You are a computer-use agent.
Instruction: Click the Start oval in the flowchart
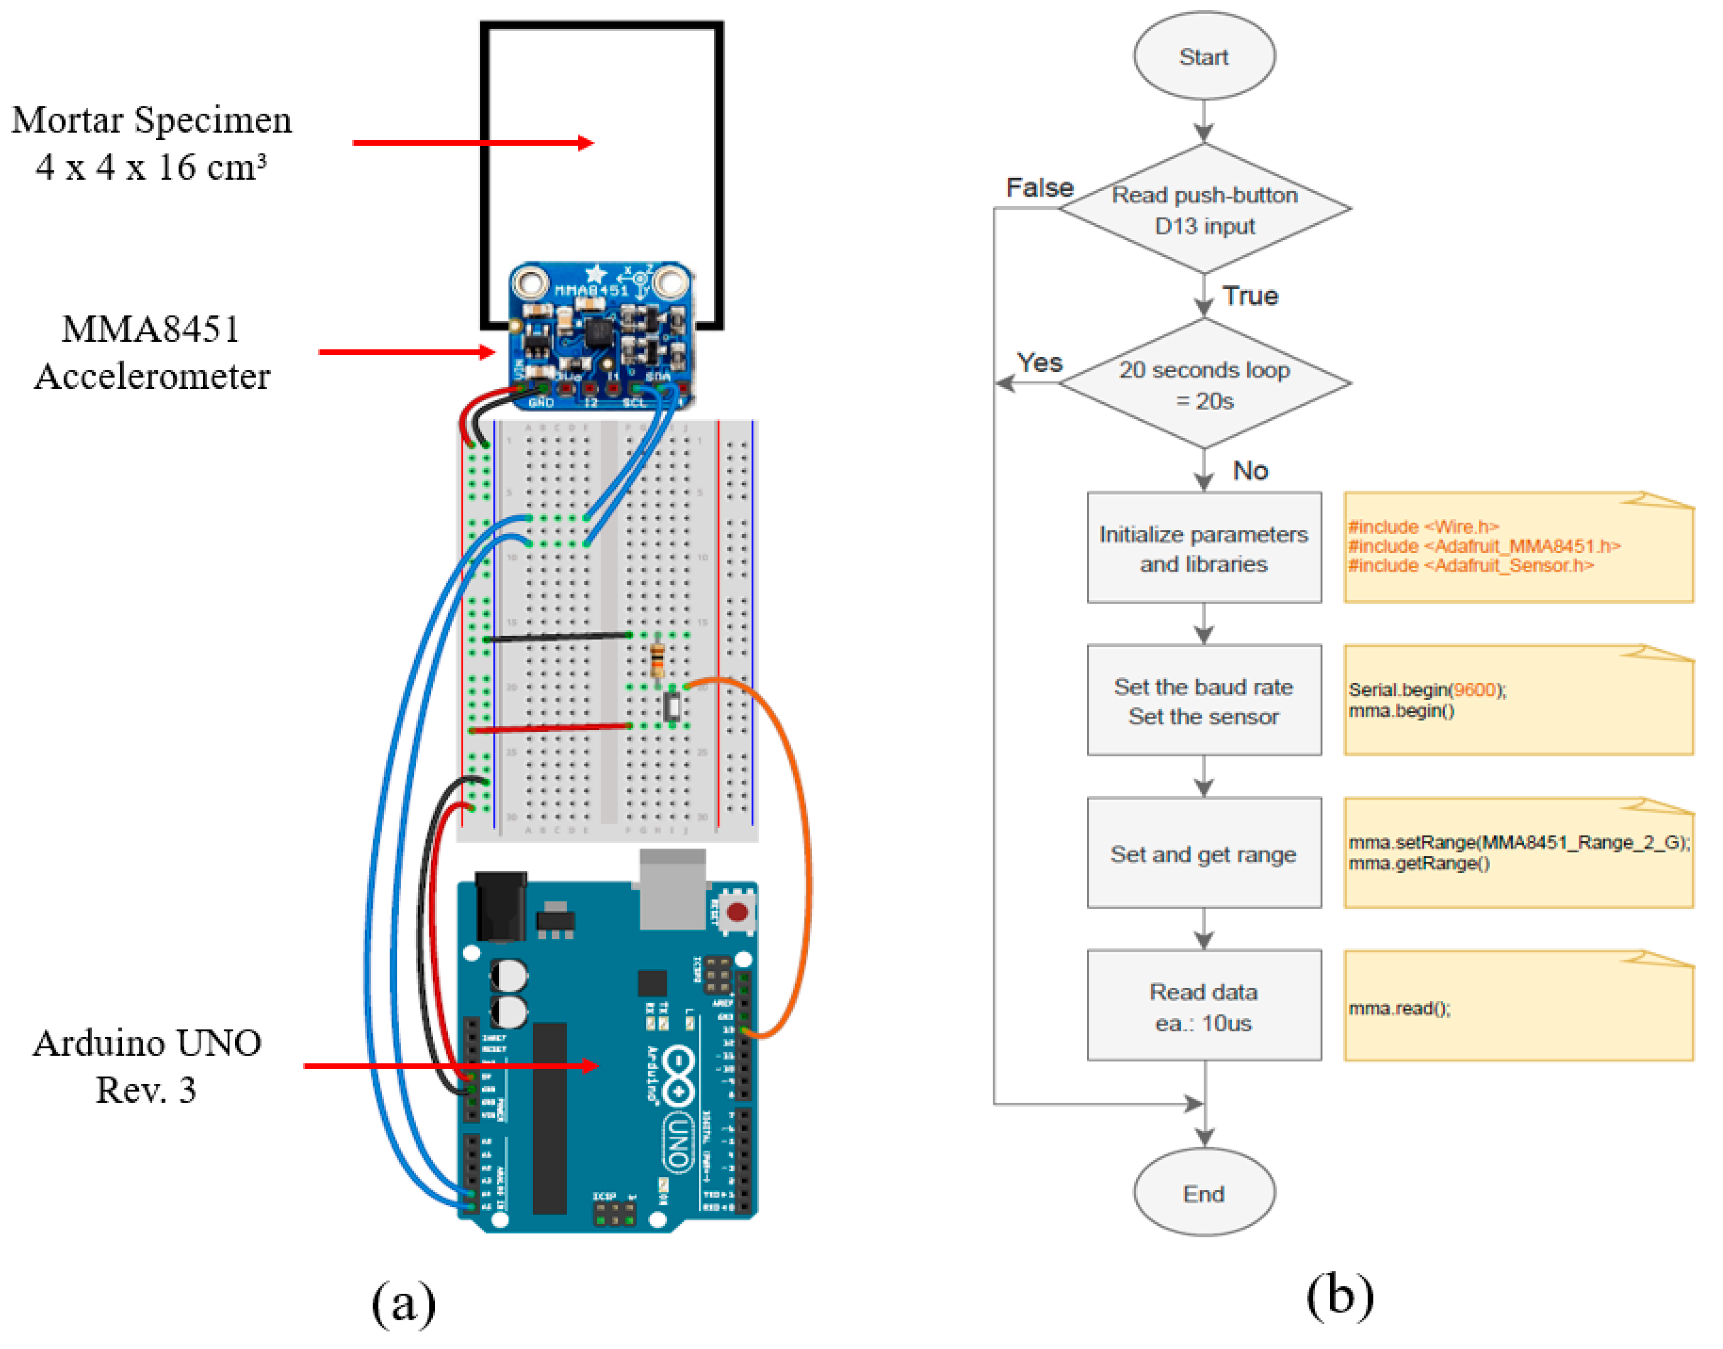click(1204, 56)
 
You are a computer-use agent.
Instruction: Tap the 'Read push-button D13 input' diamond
click(1204, 209)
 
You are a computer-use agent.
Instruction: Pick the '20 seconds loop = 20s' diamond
click(1204, 384)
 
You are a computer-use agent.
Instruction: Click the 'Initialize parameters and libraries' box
click(1204, 548)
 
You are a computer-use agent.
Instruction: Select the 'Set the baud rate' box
click(1204, 701)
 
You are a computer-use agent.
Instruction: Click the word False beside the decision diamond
click(1039, 188)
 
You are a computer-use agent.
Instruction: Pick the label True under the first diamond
click(1250, 296)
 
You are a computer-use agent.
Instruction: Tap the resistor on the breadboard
click(657, 659)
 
